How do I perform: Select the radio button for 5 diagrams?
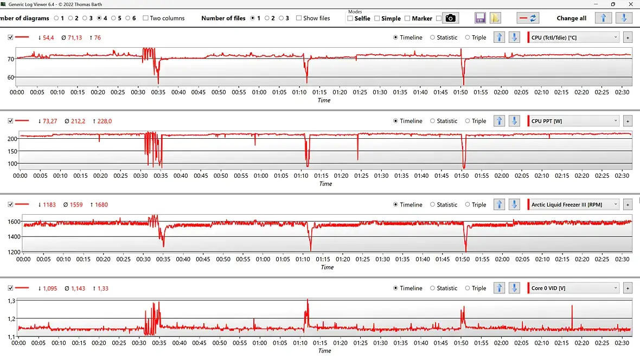pyautogui.click(x=113, y=18)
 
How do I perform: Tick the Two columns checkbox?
pyautogui.click(x=145, y=18)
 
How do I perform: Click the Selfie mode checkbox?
pyautogui.click(x=350, y=18)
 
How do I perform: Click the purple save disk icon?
pyautogui.click(x=480, y=18)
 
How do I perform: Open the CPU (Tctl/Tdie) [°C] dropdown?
pyautogui.click(x=574, y=37)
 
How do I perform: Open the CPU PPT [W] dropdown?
pyautogui.click(x=574, y=121)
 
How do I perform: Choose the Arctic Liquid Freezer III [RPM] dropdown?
pyautogui.click(x=574, y=204)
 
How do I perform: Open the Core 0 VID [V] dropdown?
pyautogui.click(x=574, y=288)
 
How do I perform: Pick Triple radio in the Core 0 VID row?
pyautogui.click(x=468, y=288)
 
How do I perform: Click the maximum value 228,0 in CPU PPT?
pyautogui.click(x=104, y=121)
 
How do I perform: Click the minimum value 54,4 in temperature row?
pyautogui.click(x=48, y=37)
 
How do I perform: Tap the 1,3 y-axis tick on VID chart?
pyautogui.click(x=10, y=300)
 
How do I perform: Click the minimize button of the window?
pyautogui.click(x=597, y=4)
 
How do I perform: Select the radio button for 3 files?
pyautogui.click(x=281, y=18)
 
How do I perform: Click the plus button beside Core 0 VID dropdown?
pyautogui.click(x=628, y=288)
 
